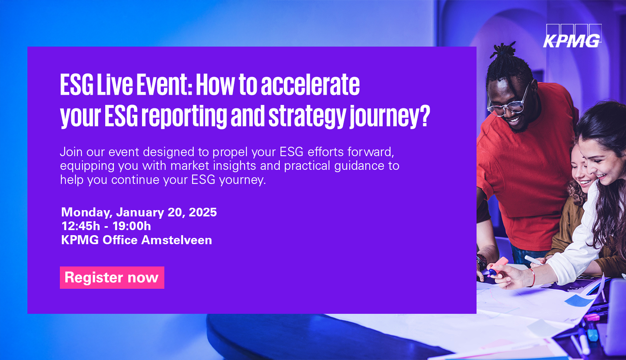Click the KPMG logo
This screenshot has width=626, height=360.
click(x=572, y=36)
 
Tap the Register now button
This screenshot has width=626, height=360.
click(x=112, y=277)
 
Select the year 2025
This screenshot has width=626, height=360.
click(x=203, y=212)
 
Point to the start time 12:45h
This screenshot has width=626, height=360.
click(x=81, y=226)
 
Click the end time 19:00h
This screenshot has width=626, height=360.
click(x=131, y=226)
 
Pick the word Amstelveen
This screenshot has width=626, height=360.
click(x=176, y=240)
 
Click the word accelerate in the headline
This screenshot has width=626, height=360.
click(x=310, y=85)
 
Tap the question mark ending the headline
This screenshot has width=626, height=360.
click(x=425, y=116)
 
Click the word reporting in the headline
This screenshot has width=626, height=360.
click(x=184, y=117)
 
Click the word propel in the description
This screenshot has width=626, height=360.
click(x=230, y=153)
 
